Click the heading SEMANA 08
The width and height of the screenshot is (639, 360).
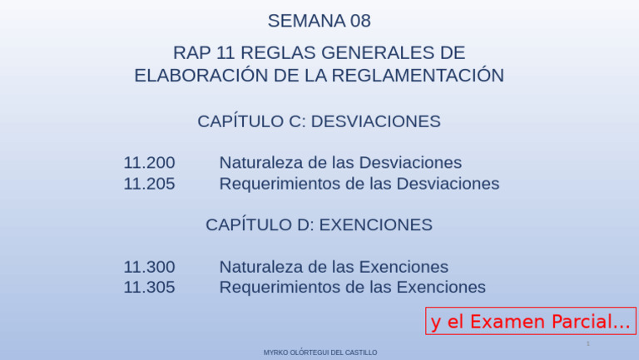319,21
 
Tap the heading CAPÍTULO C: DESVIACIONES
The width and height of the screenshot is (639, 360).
319,121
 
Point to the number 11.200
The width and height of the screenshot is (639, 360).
149,162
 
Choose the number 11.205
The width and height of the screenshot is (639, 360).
149,183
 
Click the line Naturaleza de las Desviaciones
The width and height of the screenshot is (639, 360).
340,162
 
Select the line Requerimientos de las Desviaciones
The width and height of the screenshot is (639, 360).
359,183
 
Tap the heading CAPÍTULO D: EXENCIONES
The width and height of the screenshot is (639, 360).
319,224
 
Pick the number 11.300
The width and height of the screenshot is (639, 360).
149,267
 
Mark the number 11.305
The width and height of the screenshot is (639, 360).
149,287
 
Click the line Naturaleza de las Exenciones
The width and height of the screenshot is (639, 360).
334,267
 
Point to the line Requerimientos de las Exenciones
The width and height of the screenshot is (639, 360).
352,287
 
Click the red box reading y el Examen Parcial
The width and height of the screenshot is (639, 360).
531,321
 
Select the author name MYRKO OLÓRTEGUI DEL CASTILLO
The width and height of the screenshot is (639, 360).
319,353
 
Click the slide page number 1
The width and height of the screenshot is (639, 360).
587,343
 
